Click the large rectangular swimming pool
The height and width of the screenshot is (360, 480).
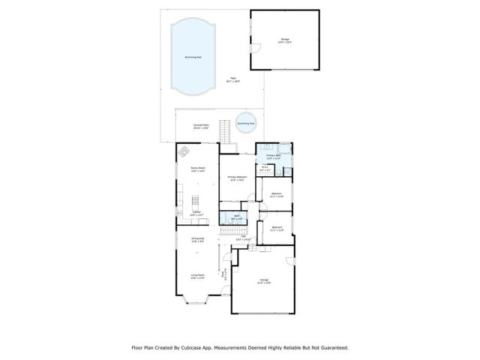193,58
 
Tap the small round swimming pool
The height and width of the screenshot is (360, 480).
246,123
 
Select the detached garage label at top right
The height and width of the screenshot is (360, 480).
285,41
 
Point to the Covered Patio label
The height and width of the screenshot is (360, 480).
201,127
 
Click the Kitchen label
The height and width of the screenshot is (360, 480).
196,213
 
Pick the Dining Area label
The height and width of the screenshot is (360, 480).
198,241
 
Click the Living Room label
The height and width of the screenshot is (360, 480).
198,276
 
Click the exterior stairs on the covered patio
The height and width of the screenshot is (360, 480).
223,133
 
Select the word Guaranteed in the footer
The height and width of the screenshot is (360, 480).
332,347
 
